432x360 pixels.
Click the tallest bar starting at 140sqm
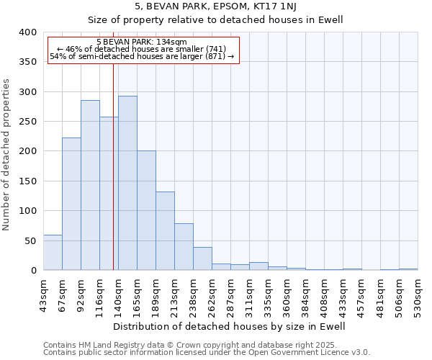[127, 183]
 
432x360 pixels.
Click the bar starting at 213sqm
[184, 246]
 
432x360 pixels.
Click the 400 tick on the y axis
[27, 32]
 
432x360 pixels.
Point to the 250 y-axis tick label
[27, 122]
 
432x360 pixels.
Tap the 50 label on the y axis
[30, 240]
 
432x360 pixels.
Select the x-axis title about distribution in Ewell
[230, 326]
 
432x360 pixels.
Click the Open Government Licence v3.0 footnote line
[207, 352]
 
